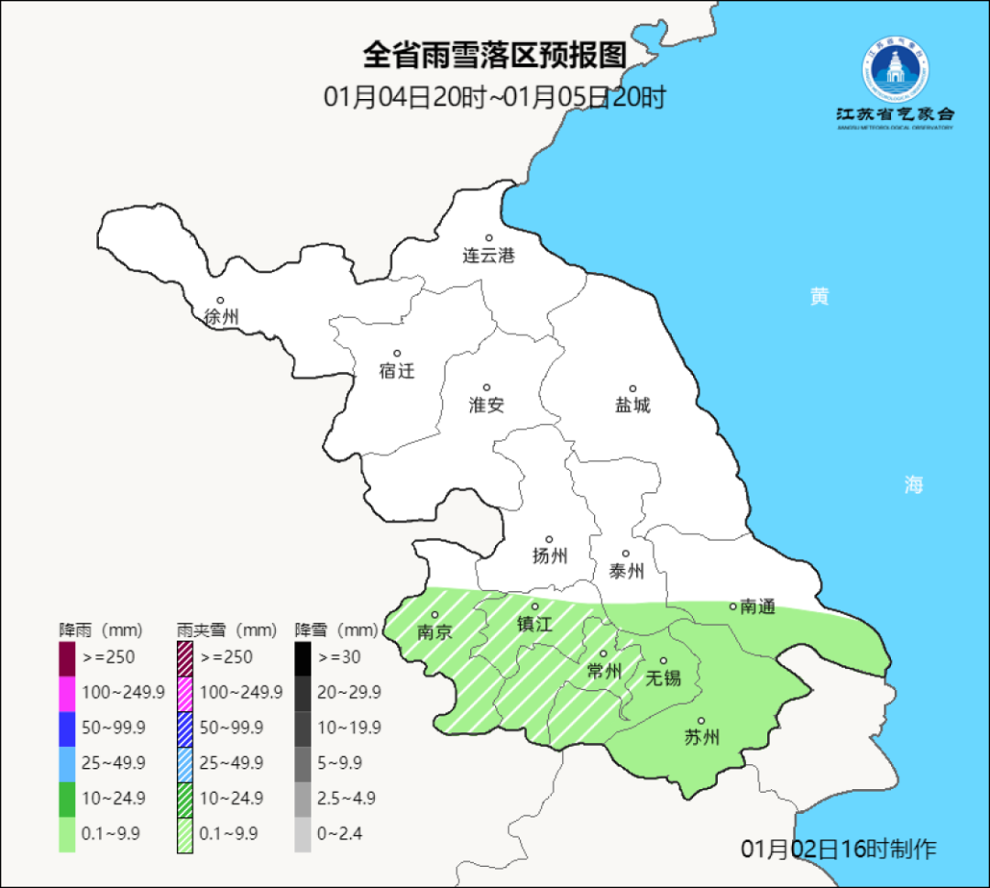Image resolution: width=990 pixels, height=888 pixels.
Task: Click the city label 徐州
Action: pyautogui.click(x=221, y=317)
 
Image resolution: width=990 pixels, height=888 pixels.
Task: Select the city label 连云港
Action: pyautogui.click(x=489, y=256)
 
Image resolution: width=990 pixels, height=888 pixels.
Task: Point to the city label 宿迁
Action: pyautogui.click(x=397, y=371)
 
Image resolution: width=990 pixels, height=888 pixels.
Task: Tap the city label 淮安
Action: pyautogui.click(x=487, y=405)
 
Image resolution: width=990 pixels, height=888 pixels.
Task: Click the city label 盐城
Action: pyautogui.click(x=632, y=405)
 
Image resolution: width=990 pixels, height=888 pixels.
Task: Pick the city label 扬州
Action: pyautogui.click(x=550, y=555)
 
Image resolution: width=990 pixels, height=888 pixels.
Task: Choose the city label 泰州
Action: pyautogui.click(x=626, y=571)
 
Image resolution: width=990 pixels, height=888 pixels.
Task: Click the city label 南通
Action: pyautogui.click(x=758, y=606)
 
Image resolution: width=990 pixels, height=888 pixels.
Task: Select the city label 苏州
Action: pyautogui.click(x=702, y=738)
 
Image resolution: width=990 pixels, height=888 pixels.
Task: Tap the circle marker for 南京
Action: pyautogui.click(x=435, y=615)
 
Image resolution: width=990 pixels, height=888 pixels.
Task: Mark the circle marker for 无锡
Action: pyautogui.click(x=664, y=661)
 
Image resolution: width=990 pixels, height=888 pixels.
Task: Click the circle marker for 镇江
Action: pyautogui.click(x=534, y=607)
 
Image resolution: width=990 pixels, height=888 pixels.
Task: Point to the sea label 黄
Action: pyautogui.click(x=819, y=296)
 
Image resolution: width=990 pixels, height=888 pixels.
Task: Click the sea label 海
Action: pyautogui.click(x=913, y=486)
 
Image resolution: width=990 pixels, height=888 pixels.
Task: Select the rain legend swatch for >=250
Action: pyautogui.click(x=67, y=658)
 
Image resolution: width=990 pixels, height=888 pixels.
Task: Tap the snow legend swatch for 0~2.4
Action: pyautogui.click(x=302, y=834)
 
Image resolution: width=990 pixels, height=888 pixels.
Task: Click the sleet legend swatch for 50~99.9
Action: pyautogui.click(x=184, y=728)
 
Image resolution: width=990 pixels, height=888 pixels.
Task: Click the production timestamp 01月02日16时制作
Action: pyautogui.click(x=839, y=849)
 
